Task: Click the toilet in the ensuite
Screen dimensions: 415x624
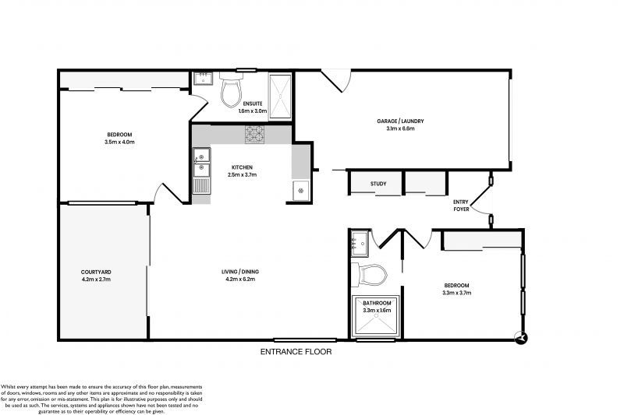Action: [x=232, y=92]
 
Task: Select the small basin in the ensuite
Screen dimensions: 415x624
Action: [x=204, y=78]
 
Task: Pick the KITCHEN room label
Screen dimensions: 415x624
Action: [x=242, y=167]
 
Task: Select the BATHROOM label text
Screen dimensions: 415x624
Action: [x=376, y=302]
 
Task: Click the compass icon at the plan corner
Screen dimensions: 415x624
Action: [x=520, y=337]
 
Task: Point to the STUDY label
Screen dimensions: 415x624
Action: [x=378, y=185]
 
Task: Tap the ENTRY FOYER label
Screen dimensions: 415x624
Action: [x=462, y=206]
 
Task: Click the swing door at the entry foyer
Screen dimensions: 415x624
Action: [x=484, y=204]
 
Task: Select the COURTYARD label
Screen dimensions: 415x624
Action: [x=96, y=272]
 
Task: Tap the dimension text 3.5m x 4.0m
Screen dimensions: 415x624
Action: [x=119, y=142]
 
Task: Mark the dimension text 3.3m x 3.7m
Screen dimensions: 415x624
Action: [x=456, y=293]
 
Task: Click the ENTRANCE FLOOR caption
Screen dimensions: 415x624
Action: [x=296, y=352]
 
